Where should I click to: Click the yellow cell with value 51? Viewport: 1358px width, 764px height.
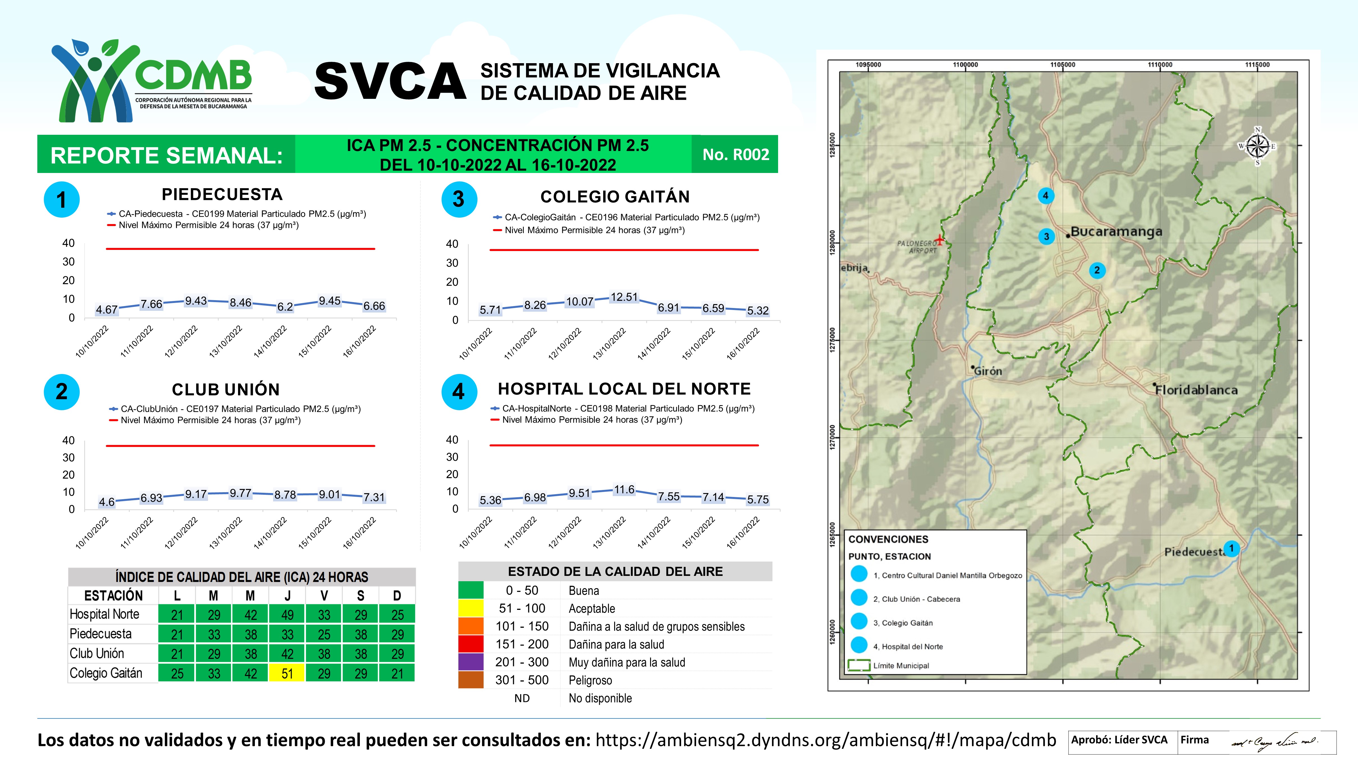pos(287,673)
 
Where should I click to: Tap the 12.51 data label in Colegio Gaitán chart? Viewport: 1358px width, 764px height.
pos(624,297)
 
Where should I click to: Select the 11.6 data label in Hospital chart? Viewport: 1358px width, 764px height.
pos(624,490)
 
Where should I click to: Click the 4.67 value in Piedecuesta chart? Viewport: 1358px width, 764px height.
pos(106,309)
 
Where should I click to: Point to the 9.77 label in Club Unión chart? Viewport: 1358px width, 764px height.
pos(240,493)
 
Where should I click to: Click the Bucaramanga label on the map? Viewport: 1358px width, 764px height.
pos(1116,231)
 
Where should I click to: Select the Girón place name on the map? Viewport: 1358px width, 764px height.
pos(987,371)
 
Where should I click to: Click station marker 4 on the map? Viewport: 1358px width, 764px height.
pos(1045,196)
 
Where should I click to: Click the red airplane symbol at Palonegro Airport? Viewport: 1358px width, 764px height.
pos(939,240)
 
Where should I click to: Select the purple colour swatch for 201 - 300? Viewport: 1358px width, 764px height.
pos(471,662)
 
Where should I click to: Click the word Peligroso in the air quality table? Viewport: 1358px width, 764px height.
pos(590,680)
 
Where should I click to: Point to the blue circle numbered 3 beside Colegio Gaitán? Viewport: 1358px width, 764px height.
pos(459,199)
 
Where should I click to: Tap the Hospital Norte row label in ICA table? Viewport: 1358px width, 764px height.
pos(104,614)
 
